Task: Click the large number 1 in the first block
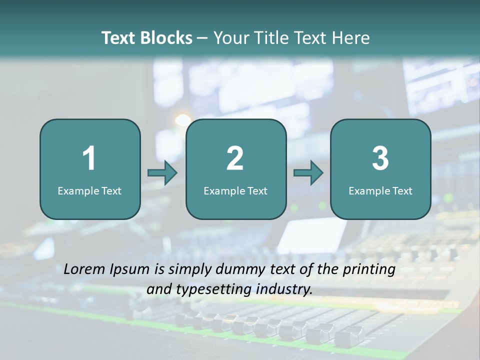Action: coord(89,158)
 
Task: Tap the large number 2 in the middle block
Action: coord(235,158)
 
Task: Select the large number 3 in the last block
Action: coord(380,158)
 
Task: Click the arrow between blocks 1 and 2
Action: coord(162,173)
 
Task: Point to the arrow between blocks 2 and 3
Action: coord(308,173)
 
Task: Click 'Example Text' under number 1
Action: coord(89,191)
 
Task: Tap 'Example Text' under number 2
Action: coord(235,191)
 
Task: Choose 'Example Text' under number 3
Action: coord(380,191)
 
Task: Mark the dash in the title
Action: coord(202,38)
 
